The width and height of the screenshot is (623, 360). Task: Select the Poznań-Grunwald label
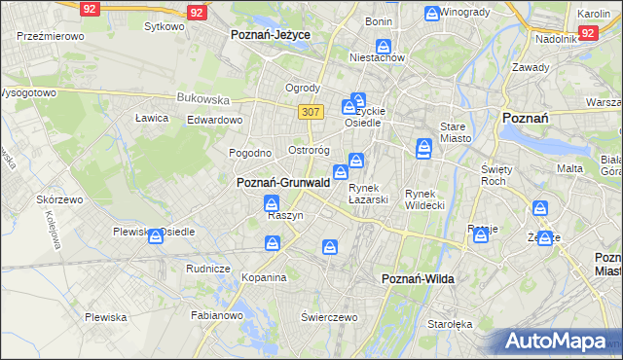pos(283,182)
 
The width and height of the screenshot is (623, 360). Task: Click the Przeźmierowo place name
pos(50,35)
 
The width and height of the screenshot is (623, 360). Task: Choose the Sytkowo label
pos(164,26)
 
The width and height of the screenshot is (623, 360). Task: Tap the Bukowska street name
pos(203,98)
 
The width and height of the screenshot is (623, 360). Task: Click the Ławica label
pos(152,118)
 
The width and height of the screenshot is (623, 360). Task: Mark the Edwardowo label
pos(214,120)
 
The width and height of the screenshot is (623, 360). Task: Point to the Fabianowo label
pos(217,315)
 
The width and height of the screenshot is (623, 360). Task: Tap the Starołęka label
pos(450,323)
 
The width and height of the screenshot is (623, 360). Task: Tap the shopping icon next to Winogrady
pos(432,14)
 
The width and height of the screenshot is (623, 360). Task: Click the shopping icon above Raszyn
pos(272,203)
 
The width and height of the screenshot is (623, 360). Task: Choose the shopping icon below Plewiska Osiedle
pos(156,237)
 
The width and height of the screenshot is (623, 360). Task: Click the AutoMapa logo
pos(558,342)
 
